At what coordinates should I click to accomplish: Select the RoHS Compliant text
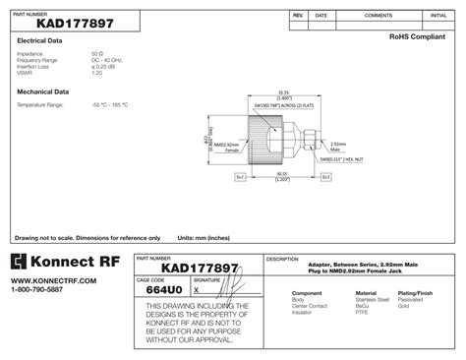point(418,35)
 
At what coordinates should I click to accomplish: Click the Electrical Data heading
point(40,40)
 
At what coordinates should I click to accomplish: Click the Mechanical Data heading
point(42,90)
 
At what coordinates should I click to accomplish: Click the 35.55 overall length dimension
point(282,93)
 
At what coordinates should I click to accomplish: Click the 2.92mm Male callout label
point(337,145)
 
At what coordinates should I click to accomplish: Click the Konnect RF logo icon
point(21,263)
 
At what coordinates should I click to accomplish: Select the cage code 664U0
point(161,290)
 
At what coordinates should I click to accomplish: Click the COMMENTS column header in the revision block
point(378,17)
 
